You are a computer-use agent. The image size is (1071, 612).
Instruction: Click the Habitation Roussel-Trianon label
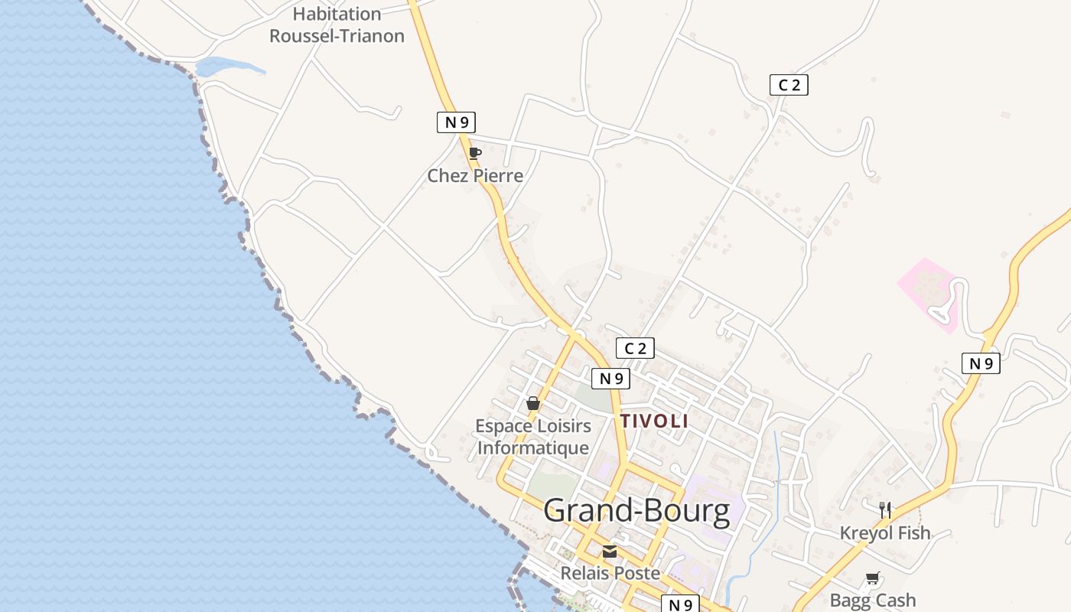337,24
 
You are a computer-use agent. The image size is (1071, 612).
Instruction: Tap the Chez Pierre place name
475,176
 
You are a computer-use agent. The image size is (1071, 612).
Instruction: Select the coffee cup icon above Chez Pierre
474,154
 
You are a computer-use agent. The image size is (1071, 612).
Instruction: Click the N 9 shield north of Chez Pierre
456,122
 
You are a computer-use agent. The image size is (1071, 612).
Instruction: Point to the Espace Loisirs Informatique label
533,437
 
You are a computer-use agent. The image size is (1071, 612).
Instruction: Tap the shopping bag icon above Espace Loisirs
533,403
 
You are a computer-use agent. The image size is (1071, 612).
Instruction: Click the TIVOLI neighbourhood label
654,421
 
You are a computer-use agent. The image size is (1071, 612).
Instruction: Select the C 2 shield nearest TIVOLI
635,349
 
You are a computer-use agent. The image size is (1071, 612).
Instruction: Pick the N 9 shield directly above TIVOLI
610,378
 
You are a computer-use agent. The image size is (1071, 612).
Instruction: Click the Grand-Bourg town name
636,511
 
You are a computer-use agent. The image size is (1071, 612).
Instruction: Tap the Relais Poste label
610,573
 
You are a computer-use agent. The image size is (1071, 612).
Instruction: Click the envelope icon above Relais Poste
610,551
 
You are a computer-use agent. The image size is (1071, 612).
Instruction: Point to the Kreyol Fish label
885,533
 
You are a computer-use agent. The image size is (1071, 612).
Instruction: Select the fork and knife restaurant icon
885,509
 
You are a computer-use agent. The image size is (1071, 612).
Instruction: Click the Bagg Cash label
873,601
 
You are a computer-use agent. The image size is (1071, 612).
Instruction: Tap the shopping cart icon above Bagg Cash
873,578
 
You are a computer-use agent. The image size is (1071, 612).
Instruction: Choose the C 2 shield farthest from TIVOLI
789,85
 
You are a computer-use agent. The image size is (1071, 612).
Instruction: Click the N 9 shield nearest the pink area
981,363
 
